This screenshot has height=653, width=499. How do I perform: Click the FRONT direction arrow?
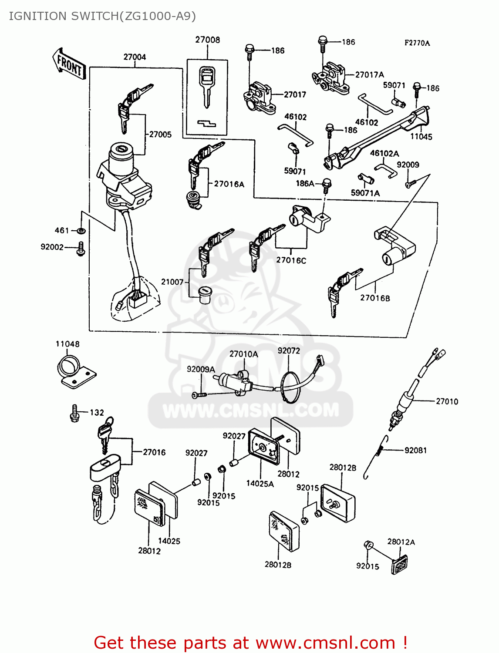click(69, 64)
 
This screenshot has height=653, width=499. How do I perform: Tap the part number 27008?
click(207, 40)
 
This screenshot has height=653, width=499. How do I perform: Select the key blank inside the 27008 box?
click(207, 85)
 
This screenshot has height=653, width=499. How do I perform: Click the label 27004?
click(135, 57)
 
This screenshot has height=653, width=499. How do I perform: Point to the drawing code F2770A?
click(417, 43)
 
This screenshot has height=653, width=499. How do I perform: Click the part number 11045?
click(421, 137)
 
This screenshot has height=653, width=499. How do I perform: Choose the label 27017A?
click(369, 75)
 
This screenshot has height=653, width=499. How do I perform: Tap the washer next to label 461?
click(81, 230)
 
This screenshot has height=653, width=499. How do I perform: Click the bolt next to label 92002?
click(81, 249)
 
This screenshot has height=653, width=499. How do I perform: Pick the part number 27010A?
click(243, 354)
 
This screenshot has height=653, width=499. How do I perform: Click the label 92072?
click(289, 350)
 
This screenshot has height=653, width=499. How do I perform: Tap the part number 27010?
click(447, 401)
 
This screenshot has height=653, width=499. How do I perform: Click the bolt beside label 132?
click(74, 413)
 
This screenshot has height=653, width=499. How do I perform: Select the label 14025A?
click(260, 483)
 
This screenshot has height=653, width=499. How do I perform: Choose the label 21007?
click(172, 282)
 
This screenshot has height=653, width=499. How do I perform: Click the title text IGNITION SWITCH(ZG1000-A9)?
click(102, 16)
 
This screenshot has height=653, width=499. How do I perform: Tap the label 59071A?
click(365, 193)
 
